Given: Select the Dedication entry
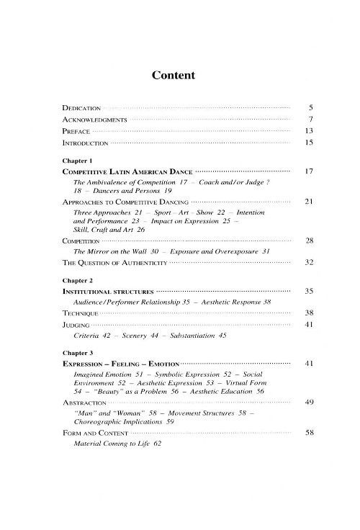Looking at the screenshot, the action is pyautogui.click(x=81, y=107).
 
